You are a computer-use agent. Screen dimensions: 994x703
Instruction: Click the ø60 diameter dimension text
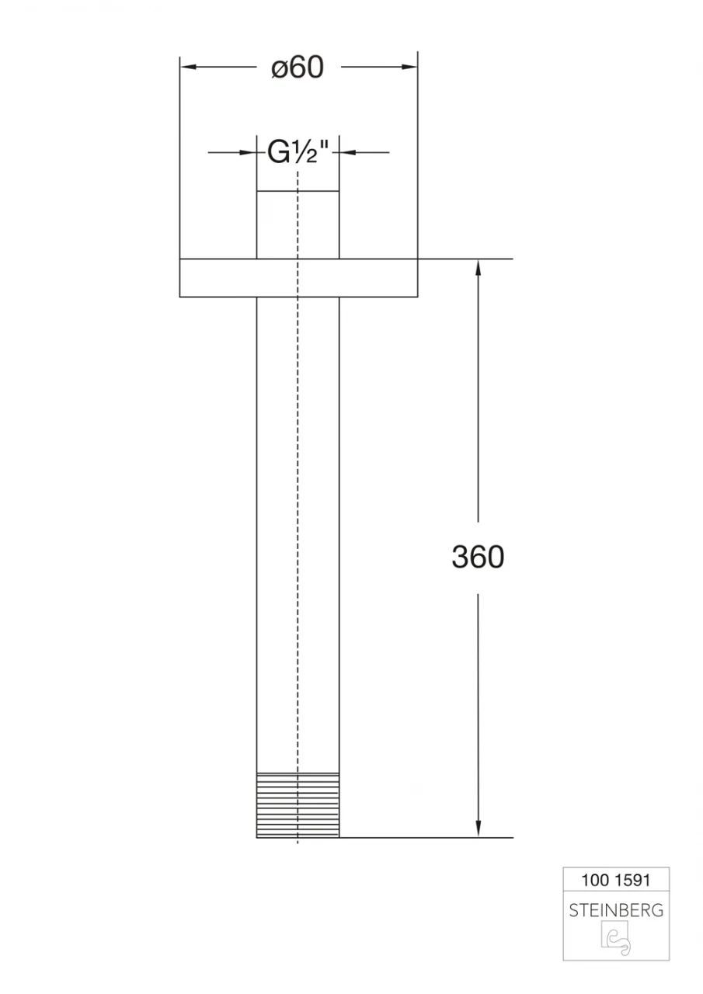tap(298, 68)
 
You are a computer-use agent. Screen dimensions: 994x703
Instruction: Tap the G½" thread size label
tap(299, 153)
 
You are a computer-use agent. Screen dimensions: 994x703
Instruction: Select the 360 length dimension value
tap(478, 557)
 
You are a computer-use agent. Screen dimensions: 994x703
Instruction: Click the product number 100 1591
tap(615, 881)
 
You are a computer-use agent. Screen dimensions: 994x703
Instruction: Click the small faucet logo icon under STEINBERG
tap(616, 940)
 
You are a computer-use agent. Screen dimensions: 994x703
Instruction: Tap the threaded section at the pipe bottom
tap(298, 805)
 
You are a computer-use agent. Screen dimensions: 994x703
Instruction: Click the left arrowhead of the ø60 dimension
tap(187, 68)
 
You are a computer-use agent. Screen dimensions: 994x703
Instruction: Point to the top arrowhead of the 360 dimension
tap(478, 266)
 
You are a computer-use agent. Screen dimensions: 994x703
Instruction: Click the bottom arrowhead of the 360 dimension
tap(478, 830)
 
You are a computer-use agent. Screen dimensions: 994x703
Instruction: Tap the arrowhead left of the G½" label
tap(251, 153)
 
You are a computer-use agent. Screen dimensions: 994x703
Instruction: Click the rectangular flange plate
tap(298, 277)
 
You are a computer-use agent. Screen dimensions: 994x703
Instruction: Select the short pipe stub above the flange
tap(298, 224)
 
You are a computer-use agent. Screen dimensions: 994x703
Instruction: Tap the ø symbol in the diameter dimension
tap(280, 70)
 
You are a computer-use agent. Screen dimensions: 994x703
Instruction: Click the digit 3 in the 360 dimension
tap(461, 557)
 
